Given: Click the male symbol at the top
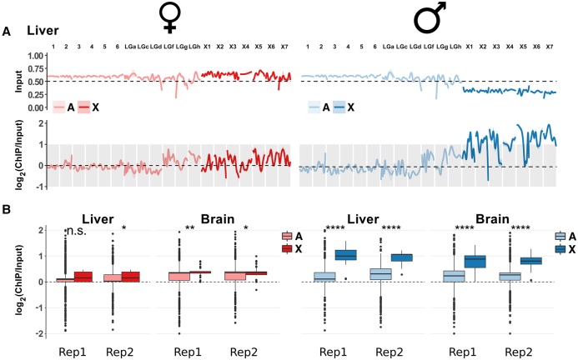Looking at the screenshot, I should tap(425, 17).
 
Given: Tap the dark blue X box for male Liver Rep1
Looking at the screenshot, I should tap(346, 255).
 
